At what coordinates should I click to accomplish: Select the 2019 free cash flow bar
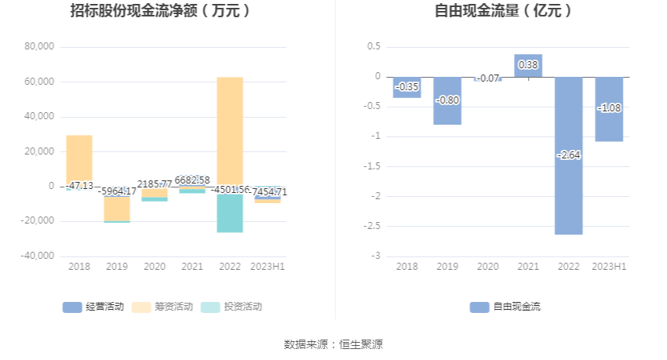click(x=447, y=110)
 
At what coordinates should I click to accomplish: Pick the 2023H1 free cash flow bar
click(x=609, y=125)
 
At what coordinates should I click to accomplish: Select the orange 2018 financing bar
click(x=79, y=157)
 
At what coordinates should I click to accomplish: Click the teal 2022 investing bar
click(x=230, y=213)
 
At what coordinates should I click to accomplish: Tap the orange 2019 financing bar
click(x=117, y=209)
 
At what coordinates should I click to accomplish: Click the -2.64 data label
click(x=569, y=155)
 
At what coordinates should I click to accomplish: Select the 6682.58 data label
click(x=192, y=180)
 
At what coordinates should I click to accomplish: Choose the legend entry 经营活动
click(x=93, y=307)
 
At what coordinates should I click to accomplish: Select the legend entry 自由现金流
click(x=505, y=307)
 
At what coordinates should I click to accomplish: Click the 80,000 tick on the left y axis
click(x=39, y=47)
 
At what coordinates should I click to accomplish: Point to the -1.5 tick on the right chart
click(x=371, y=166)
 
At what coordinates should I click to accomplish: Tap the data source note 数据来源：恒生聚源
click(x=333, y=344)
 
